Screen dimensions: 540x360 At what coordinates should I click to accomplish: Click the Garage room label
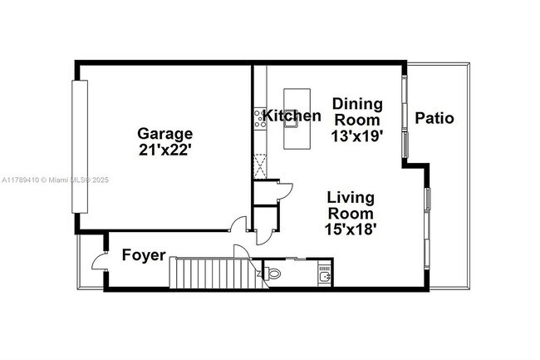(x=165, y=134)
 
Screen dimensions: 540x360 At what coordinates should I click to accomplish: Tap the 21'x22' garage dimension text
(x=165, y=150)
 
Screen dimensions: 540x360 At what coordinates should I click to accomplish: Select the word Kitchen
(x=292, y=116)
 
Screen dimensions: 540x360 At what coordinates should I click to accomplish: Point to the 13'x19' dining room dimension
(x=357, y=136)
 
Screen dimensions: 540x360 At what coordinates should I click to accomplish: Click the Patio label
(x=434, y=118)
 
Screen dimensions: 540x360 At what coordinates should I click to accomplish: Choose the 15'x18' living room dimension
(x=351, y=229)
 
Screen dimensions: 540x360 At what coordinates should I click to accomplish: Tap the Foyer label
(x=144, y=255)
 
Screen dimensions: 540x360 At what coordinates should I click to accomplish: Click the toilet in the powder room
(x=272, y=274)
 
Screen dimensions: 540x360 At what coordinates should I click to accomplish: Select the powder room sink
(x=324, y=275)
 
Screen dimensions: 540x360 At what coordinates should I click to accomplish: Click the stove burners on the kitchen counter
(x=260, y=119)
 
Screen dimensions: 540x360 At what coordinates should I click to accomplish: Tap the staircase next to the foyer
(x=218, y=273)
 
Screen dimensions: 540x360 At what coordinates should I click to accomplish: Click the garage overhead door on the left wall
(x=80, y=146)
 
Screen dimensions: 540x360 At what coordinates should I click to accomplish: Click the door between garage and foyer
(x=238, y=223)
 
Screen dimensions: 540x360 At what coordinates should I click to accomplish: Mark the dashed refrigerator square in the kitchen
(x=260, y=166)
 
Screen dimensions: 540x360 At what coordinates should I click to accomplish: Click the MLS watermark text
(x=55, y=180)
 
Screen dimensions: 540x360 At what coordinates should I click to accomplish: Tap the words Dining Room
(x=357, y=112)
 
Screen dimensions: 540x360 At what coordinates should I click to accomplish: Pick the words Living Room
(x=351, y=205)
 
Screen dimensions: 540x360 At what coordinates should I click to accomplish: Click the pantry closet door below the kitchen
(x=284, y=192)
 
